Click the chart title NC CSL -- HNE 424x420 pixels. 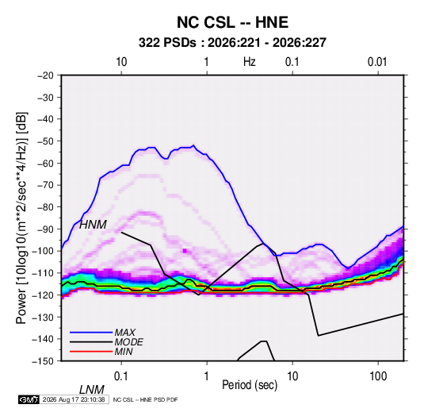232,22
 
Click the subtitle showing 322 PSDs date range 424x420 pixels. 232,43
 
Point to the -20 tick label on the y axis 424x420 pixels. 45,75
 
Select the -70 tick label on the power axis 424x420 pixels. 45,185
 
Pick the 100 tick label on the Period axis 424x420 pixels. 378,376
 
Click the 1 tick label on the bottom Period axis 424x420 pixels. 207,376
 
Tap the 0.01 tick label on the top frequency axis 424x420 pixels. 377,62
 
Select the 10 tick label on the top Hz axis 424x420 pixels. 121,62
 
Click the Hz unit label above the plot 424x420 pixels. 250,62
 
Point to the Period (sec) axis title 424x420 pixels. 250,385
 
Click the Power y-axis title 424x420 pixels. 21,218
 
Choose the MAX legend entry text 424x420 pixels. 125,333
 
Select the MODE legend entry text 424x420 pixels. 128,342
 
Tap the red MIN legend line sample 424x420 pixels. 91,352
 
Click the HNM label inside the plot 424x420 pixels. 93,225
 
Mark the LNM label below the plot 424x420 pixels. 92,390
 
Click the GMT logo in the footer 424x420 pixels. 29,399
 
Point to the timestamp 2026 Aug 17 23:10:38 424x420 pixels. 74,399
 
